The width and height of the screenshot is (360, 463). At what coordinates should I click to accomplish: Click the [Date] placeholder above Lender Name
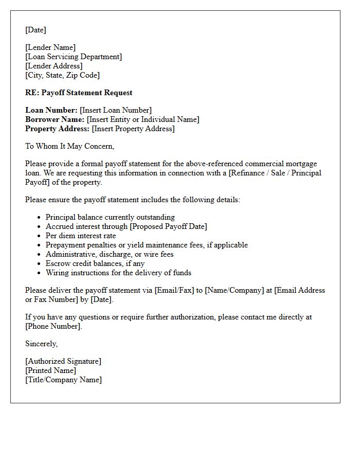pyautogui.click(x=35, y=30)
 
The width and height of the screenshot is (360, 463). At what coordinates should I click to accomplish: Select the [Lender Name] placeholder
pyautogui.click(x=50, y=47)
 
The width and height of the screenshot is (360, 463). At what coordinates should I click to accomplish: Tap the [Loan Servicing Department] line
pyautogui.click(x=74, y=57)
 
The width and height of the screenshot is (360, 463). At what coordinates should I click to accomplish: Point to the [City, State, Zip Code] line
pyautogui.click(x=62, y=75)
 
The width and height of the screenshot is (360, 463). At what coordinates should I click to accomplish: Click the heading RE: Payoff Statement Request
pyautogui.click(x=79, y=93)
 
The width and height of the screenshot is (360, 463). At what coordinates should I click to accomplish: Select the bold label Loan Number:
pyautogui.click(x=51, y=110)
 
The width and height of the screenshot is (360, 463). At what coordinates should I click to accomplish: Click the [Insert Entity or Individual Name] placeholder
pyautogui.click(x=143, y=119)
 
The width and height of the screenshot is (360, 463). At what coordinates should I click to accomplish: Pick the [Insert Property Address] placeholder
pyautogui.click(x=133, y=129)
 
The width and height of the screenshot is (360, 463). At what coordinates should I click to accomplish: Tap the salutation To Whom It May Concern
pyautogui.click(x=70, y=146)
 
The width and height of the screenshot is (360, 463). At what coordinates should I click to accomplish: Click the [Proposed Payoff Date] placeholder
pyautogui.click(x=168, y=226)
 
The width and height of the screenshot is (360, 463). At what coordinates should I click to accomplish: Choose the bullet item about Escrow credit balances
pyautogui.click(x=95, y=263)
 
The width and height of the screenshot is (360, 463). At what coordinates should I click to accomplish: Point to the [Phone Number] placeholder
pyautogui.click(x=53, y=326)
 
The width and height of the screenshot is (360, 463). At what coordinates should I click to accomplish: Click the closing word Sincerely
pyautogui.click(x=42, y=344)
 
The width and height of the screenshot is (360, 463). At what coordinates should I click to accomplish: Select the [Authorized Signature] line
pyautogui.click(x=63, y=361)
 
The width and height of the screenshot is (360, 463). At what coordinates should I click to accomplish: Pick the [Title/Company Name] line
pyautogui.click(x=64, y=380)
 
